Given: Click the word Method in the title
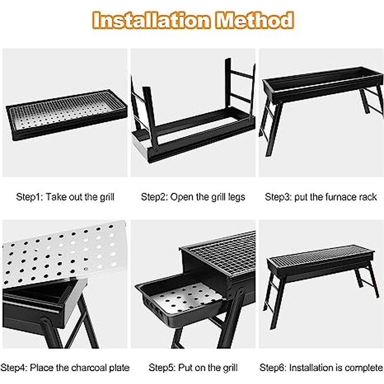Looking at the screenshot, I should point(254,21).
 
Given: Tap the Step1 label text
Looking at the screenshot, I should point(30,197).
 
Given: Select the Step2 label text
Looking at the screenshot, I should point(154,197).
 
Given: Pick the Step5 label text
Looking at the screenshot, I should point(162,368).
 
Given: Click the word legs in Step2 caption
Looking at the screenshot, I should point(236,197).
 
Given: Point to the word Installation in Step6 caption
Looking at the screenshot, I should point(312,368).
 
